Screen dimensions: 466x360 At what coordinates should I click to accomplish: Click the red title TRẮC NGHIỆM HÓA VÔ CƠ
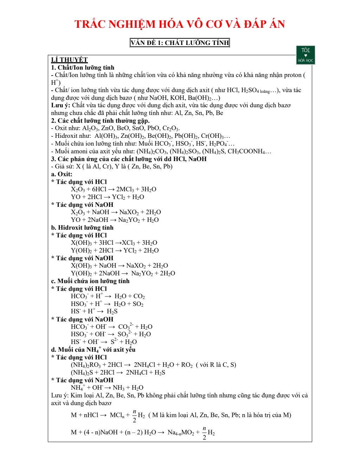[180, 24]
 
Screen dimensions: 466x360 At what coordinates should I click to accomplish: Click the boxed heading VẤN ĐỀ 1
[180, 43]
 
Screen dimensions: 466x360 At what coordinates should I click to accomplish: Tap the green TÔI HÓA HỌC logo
[306, 55]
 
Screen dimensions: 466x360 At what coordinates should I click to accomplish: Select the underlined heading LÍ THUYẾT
[69, 60]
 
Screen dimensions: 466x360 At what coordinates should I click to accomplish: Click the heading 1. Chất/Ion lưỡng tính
[83, 68]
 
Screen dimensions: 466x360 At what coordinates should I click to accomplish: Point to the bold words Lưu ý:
[61, 105]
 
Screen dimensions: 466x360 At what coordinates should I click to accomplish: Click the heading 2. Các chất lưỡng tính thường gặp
[101, 121]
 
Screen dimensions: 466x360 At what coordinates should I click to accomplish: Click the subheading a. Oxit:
[62, 174]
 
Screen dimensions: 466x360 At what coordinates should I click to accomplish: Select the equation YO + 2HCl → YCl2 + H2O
[107, 197]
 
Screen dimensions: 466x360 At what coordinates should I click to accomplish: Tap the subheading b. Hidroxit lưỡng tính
[82, 228]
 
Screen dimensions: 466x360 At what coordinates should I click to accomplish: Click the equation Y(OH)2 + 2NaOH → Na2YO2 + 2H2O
[123, 273]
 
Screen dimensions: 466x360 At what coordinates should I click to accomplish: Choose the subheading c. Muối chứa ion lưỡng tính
[90, 281]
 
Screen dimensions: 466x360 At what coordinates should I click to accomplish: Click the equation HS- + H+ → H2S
[94, 311]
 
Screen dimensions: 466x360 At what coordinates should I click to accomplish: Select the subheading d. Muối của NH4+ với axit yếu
[93, 350]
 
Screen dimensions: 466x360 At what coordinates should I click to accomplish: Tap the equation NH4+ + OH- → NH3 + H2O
[107, 388]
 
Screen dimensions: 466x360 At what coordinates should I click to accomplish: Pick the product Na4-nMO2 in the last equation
[181, 432]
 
